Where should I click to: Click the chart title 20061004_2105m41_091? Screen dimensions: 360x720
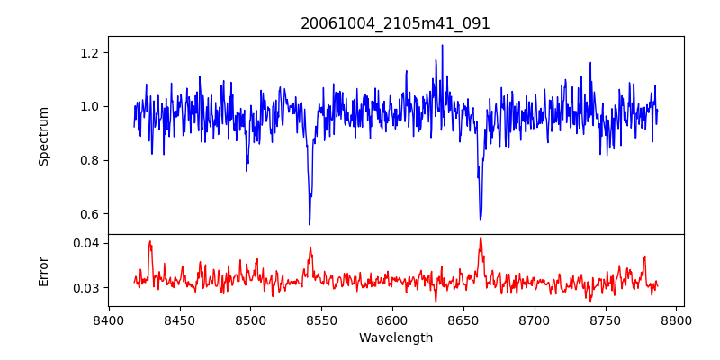[x=395, y=23]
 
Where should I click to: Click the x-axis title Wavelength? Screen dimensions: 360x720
[x=395, y=337]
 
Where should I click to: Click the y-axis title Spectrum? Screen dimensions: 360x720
[x=43, y=136]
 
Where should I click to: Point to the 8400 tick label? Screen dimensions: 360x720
[x=109, y=319]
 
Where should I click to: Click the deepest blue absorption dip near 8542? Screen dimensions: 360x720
[x=310, y=224]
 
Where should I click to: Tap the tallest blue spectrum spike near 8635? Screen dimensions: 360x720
[x=442, y=45]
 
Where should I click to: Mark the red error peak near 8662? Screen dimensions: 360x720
[x=481, y=238]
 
